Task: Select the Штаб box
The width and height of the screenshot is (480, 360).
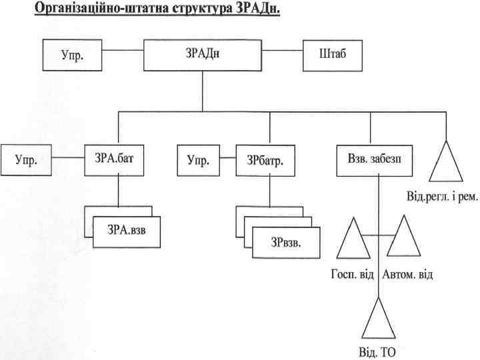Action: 333,55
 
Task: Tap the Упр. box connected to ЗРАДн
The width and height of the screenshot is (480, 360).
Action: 73,55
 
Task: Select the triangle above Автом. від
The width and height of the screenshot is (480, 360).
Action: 403,238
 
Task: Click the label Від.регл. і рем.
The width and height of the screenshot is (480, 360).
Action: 442,198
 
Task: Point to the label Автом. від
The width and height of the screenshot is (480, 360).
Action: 407,273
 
